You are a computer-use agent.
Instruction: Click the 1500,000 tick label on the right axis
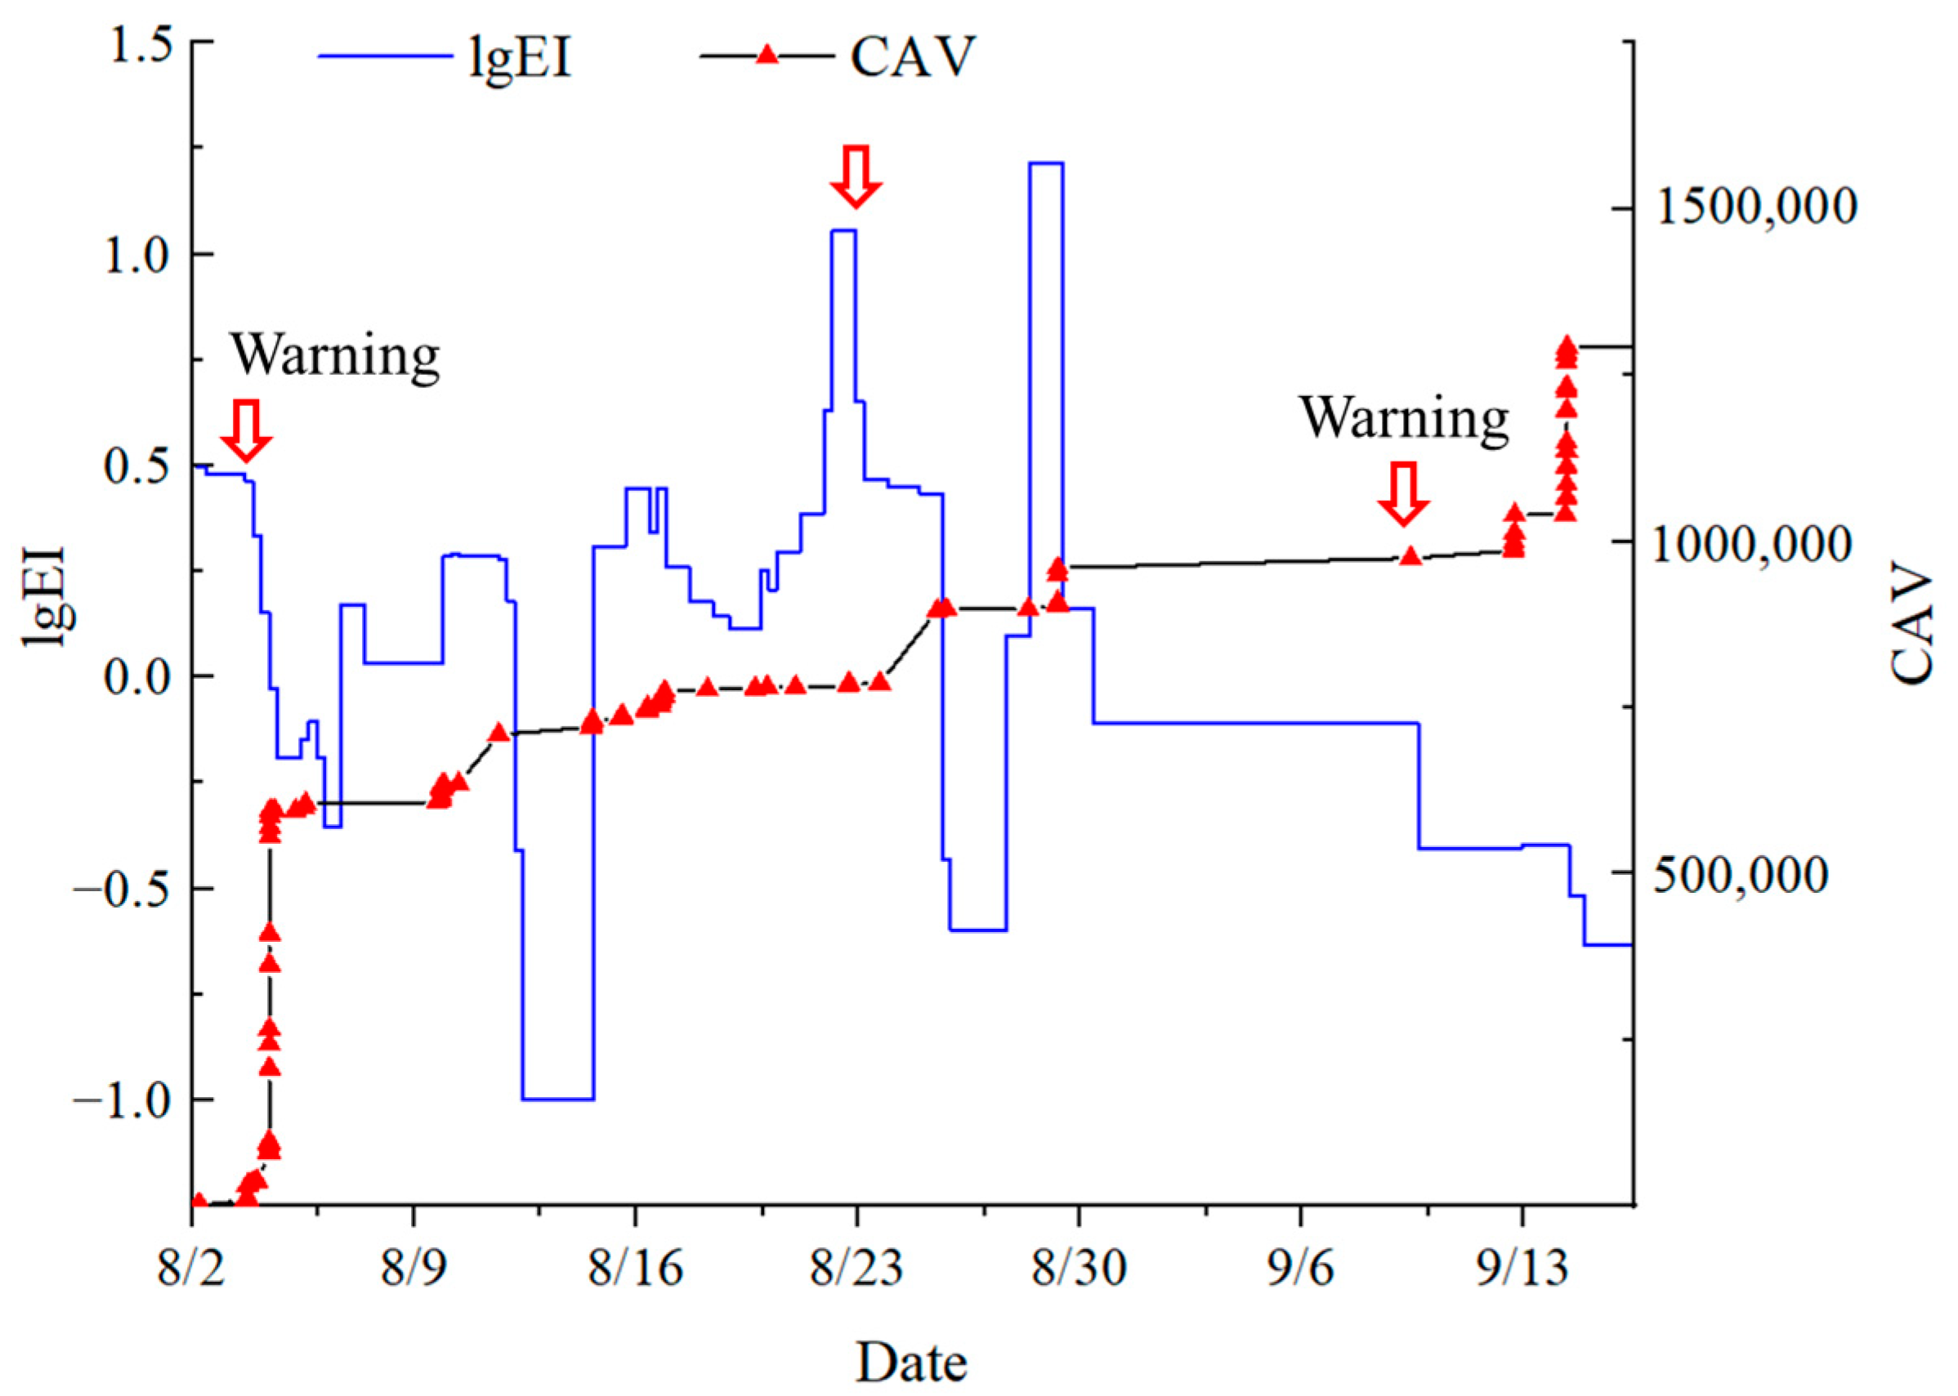(x=1755, y=208)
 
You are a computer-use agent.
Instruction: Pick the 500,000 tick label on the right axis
(x=1755, y=874)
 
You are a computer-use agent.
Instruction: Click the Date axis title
(x=911, y=1362)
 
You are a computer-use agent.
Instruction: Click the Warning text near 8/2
(x=335, y=355)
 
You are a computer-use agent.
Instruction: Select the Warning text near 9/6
(x=1403, y=417)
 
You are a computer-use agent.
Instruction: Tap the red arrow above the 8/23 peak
(x=856, y=176)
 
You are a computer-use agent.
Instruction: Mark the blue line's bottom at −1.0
(x=557, y=1099)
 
